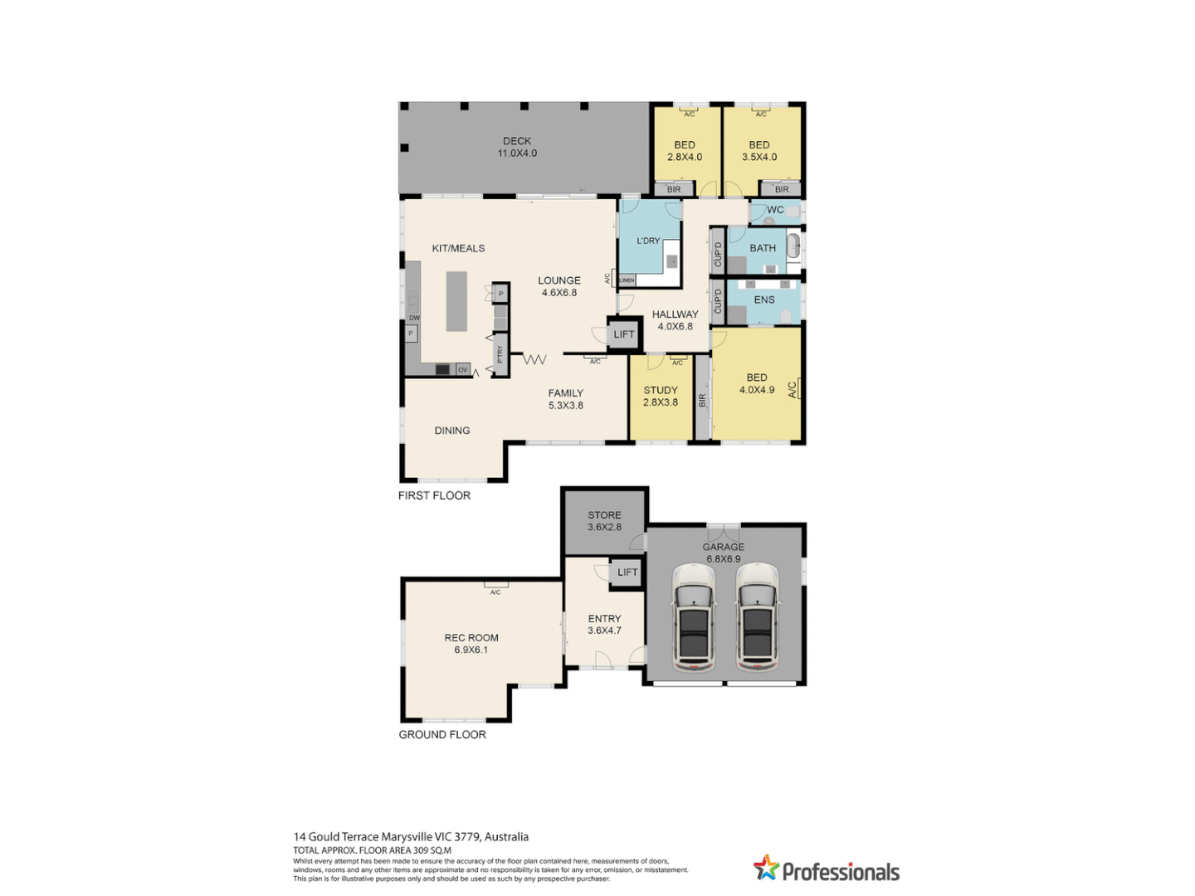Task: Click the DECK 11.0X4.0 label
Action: click(517, 147)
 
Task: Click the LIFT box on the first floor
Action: click(623, 334)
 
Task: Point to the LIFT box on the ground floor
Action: click(627, 572)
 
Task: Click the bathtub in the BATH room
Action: click(793, 246)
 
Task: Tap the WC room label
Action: click(775, 210)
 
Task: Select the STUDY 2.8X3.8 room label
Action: click(661, 396)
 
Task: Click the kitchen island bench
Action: click(456, 301)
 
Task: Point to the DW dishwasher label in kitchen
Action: click(414, 318)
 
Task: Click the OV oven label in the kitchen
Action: click(462, 369)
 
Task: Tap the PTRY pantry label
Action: click(500, 354)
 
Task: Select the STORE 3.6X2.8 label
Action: click(604, 521)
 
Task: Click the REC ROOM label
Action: click(471, 644)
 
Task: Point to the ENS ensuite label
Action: click(764, 300)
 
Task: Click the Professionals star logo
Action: click(766, 868)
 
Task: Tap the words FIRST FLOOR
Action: click(434, 495)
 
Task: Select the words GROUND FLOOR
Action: click(442, 734)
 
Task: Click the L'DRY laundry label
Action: click(648, 241)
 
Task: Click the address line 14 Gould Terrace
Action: click(411, 837)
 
